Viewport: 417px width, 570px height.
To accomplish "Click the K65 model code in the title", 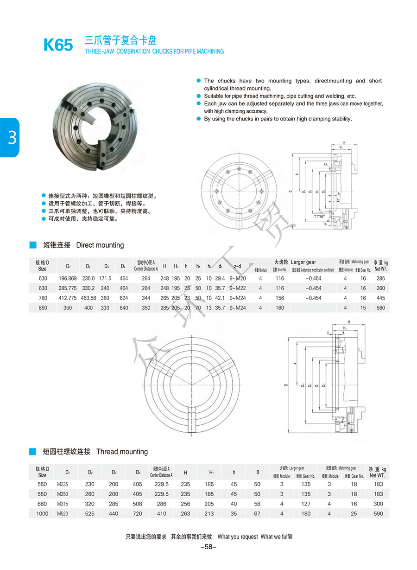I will click(x=58, y=45).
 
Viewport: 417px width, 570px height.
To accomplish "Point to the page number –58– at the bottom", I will click(x=208, y=547).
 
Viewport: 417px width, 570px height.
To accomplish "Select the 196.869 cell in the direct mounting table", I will click(x=68, y=278).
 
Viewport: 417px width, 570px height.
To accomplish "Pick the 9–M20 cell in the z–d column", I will click(x=238, y=278).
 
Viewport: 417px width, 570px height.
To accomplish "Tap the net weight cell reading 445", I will click(x=380, y=298).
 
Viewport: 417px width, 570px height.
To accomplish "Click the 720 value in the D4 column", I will click(x=138, y=513).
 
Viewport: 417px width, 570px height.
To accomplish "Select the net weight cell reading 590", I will click(x=378, y=513).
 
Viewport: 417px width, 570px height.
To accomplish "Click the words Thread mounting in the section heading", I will click(x=122, y=452).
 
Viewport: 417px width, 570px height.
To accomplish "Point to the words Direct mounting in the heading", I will click(x=100, y=245).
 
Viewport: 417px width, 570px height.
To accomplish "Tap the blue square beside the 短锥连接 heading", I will click(x=32, y=244).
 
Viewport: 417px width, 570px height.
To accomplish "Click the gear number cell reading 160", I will click(x=279, y=307).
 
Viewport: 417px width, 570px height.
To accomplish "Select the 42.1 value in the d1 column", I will click(x=221, y=298).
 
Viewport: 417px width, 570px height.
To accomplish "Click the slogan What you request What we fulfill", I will click(x=255, y=537).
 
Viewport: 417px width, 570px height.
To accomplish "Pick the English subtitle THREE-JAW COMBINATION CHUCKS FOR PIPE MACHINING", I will click(x=154, y=51).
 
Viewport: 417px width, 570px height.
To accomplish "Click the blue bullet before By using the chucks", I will click(x=199, y=119).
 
